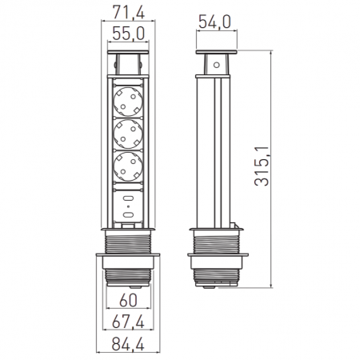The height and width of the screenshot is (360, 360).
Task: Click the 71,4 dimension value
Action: [x=128, y=12]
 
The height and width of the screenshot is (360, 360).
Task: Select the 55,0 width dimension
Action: [x=128, y=34]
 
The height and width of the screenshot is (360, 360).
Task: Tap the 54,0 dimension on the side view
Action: [x=214, y=22]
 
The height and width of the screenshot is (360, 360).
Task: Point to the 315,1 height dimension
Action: [x=262, y=166]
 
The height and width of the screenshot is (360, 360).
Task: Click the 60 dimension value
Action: [x=128, y=300]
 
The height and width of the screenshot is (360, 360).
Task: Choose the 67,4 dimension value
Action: [x=128, y=322]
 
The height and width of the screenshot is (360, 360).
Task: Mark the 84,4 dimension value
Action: [x=128, y=344]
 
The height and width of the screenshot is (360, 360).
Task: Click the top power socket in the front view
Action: [x=128, y=102]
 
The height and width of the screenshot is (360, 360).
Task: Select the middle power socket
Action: [x=128, y=134]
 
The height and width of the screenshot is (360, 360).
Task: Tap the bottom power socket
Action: [x=128, y=166]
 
